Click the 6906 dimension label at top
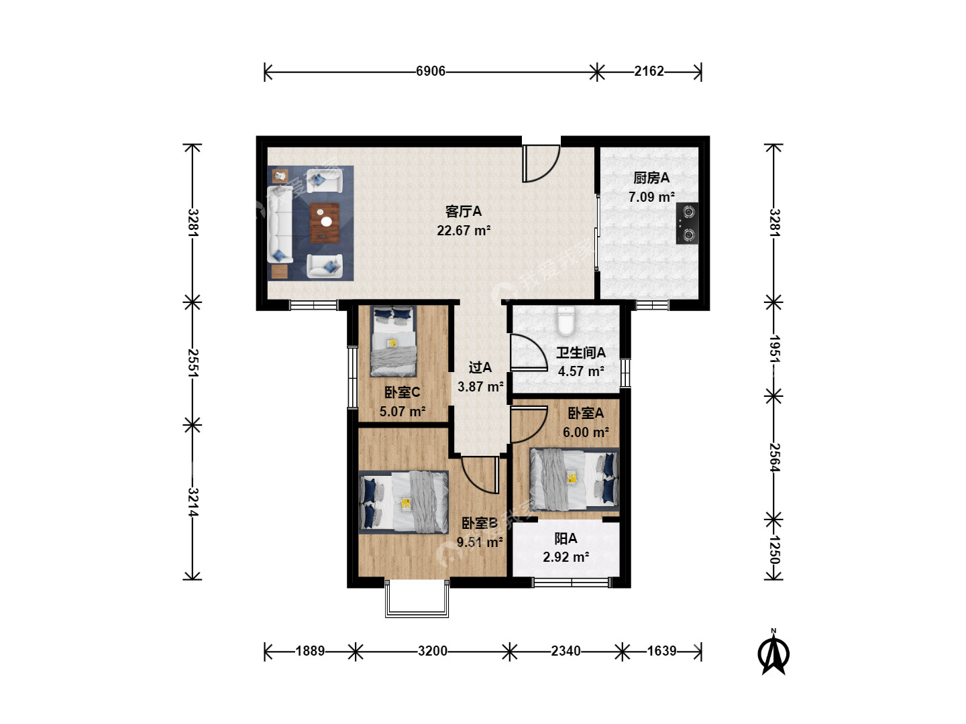pyautogui.click(x=431, y=71)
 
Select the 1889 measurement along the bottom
pyautogui.click(x=310, y=651)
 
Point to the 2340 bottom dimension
pyautogui.click(x=566, y=651)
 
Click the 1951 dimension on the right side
pyautogui.click(x=774, y=349)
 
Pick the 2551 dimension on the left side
pyautogui.click(x=193, y=363)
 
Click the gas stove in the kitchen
pyautogui.click(x=687, y=223)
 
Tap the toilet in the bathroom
pyautogui.click(x=566, y=321)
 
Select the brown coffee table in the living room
pyautogui.click(x=325, y=223)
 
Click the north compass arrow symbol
pyautogui.click(x=773, y=652)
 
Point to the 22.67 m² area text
pyautogui.click(x=464, y=231)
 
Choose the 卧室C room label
pyautogui.click(x=402, y=392)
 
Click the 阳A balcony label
pyautogui.click(x=566, y=538)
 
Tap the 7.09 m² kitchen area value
pyautogui.click(x=651, y=197)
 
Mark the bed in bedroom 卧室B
pyautogui.click(x=404, y=503)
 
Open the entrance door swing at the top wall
pyautogui.click(x=541, y=164)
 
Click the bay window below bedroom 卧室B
pyautogui.click(x=417, y=599)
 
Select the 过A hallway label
pyautogui.click(x=480, y=367)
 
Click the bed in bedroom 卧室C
pyautogui.click(x=393, y=341)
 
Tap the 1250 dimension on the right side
pyautogui.click(x=774, y=550)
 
